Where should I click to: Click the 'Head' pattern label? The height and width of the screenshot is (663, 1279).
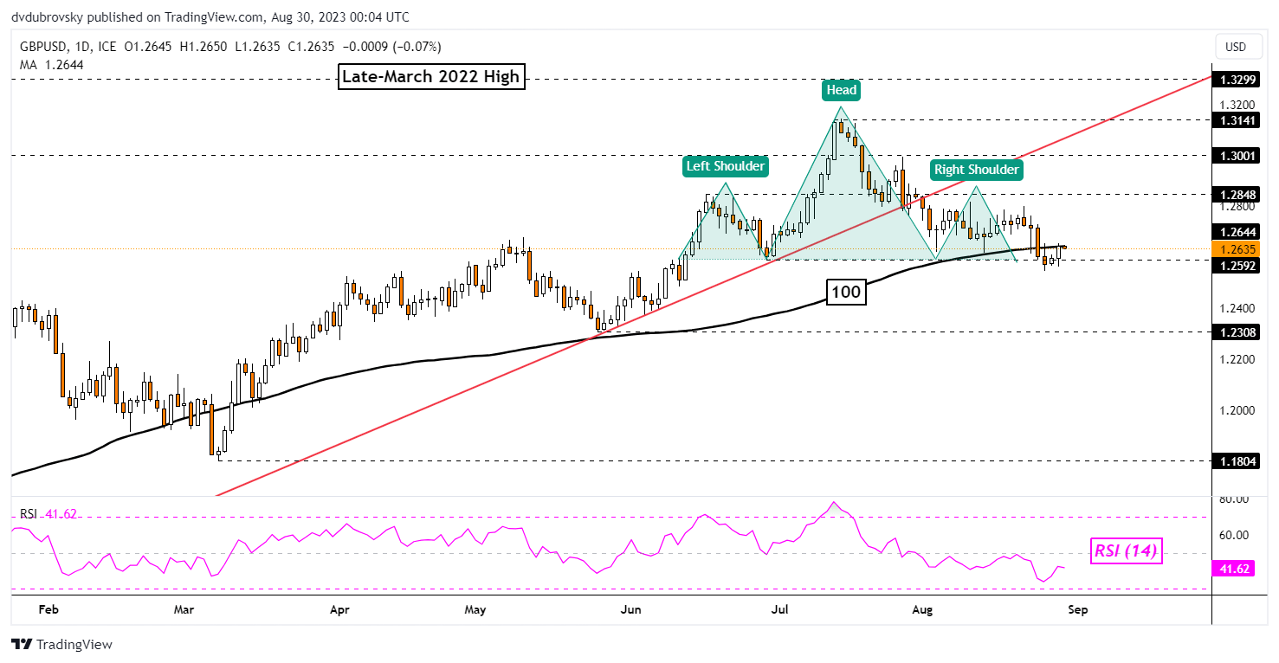840,90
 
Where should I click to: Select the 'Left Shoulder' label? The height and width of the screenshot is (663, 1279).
725,165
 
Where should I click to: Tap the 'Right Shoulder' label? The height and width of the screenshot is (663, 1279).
975,170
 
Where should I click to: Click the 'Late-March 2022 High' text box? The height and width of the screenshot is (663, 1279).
430,77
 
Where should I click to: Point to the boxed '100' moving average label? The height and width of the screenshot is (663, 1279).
845,293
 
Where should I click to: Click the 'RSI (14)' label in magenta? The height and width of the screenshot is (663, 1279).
1124,550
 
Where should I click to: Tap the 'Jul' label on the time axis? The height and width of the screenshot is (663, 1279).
781,610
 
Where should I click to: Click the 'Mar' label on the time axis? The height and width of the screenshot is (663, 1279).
183,610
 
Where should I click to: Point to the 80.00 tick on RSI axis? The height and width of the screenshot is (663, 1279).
1235,499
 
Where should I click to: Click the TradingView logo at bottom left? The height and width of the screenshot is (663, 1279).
62,645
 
